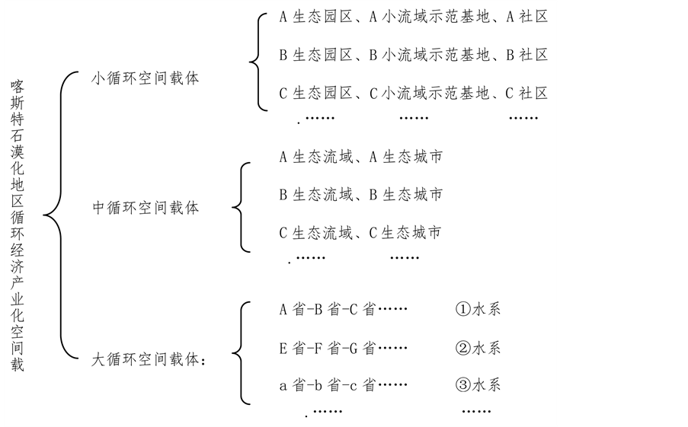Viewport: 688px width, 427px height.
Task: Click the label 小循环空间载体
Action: coord(145,78)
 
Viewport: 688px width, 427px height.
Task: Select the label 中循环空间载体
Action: coord(145,208)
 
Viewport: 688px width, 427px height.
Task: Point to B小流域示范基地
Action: coord(428,56)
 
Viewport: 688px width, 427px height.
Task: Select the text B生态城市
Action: coord(405,195)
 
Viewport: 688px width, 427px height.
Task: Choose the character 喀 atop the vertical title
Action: coord(17,85)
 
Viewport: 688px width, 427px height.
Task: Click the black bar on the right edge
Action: coord(622,213)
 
